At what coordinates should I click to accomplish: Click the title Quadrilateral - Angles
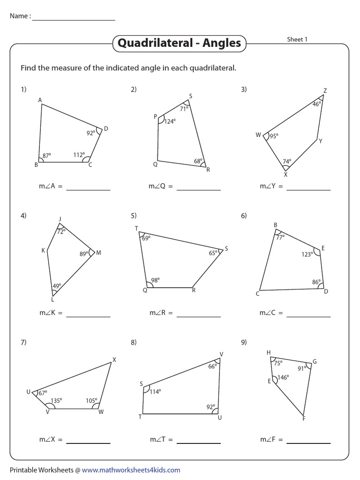pyautogui.click(x=179, y=44)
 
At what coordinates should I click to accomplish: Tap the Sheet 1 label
pyautogui.click(x=297, y=40)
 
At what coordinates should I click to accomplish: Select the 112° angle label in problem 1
pyautogui.click(x=79, y=155)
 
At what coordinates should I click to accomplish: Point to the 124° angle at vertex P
pyautogui.click(x=169, y=121)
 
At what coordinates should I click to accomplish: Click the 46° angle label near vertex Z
pyautogui.click(x=317, y=104)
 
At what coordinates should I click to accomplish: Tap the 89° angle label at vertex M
pyautogui.click(x=84, y=254)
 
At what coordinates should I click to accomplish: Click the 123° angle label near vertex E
pyautogui.click(x=307, y=255)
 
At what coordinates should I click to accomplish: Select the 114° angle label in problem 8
pyautogui.click(x=155, y=391)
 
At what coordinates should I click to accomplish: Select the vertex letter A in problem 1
pyautogui.click(x=40, y=100)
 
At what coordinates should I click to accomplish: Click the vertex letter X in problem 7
pyautogui.click(x=114, y=360)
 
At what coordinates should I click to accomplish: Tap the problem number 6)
pyautogui.click(x=244, y=216)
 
